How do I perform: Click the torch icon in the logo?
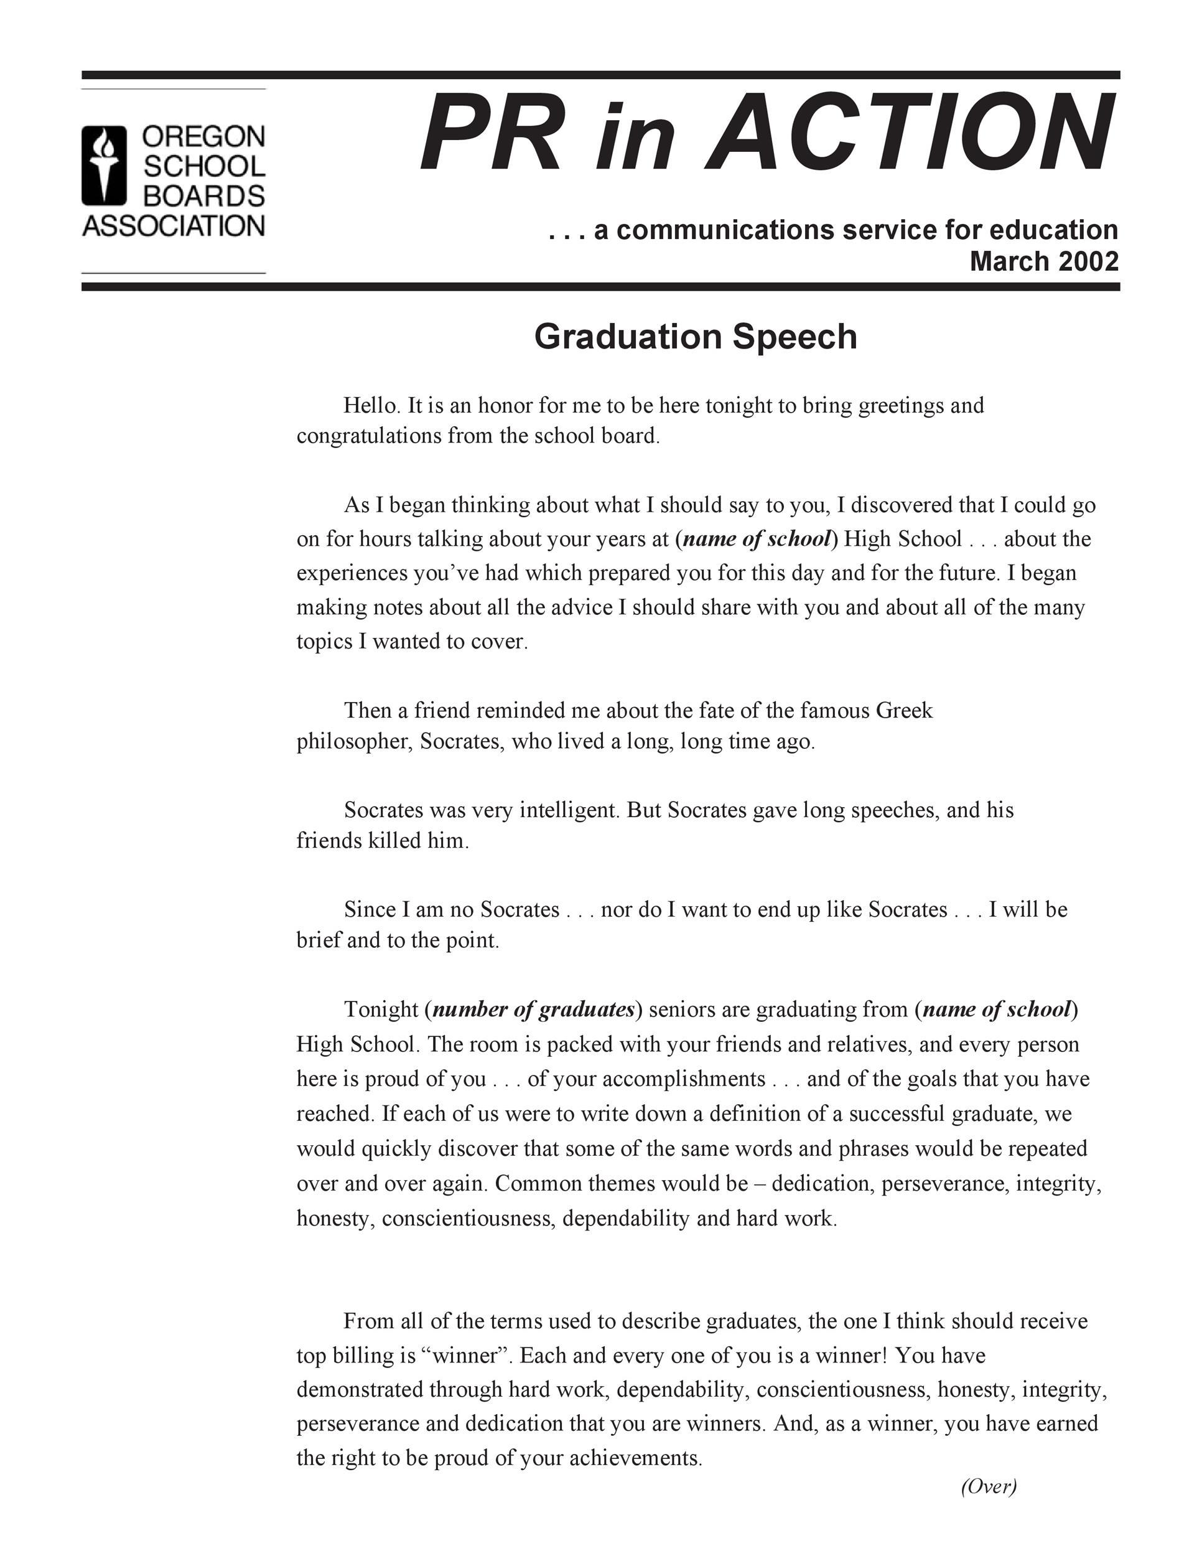pos(104,166)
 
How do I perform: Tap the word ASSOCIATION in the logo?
pos(173,227)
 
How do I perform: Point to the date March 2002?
pos(1043,261)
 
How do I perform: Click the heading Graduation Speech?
pos(695,336)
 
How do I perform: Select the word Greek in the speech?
pos(903,710)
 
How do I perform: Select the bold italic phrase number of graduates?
pos(533,1010)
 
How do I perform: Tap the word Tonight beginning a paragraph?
pos(381,1010)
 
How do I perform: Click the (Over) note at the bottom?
pos(989,1486)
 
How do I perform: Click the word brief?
pos(319,940)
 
